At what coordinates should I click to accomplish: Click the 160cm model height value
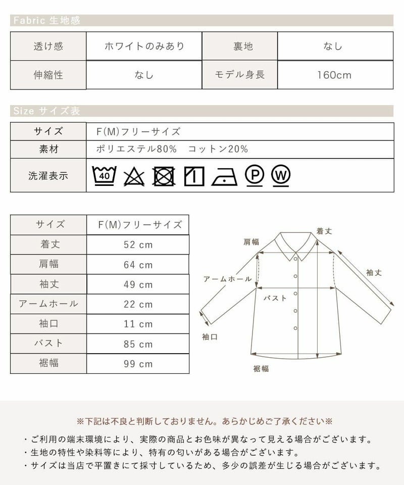[x=334, y=75]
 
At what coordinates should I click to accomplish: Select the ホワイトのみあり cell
[x=144, y=46]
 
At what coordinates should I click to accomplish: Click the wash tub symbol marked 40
[x=105, y=175]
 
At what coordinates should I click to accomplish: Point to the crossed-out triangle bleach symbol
[x=134, y=176]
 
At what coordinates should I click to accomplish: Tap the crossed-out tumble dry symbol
[x=164, y=176]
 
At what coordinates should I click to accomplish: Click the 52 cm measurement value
[x=138, y=245]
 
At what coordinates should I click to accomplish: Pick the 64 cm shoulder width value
[x=138, y=265]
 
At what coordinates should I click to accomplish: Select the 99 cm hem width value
[x=138, y=364]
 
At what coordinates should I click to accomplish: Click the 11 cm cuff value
[x=138, y=324]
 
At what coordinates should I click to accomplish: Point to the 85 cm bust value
[x=138, y=344]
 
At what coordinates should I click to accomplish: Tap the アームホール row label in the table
[x=48, y=304]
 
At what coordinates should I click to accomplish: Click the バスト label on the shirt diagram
[x=276, y=299]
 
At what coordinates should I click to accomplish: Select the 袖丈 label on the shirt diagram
[x=374, y=272]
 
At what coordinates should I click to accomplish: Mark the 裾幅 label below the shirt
[x=261, y=369]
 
